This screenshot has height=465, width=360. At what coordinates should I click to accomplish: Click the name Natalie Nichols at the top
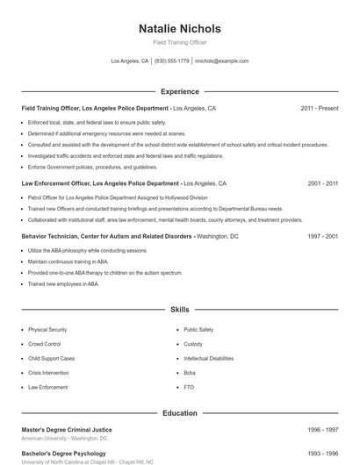pos(180,29)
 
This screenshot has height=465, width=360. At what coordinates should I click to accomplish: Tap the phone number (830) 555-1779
pos(172,61)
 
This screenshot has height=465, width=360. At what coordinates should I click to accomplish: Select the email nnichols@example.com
pos(222,61)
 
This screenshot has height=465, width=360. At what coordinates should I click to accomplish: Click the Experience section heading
pos(180,91)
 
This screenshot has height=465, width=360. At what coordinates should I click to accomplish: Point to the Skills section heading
pos(180,310)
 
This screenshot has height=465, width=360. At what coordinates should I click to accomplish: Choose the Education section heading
pos(180,412)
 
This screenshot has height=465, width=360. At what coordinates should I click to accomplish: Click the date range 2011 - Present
pos(319,108)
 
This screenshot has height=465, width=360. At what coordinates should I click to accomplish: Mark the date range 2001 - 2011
pos(322,184)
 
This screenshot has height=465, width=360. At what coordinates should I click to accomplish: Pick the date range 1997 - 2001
pos(322,237)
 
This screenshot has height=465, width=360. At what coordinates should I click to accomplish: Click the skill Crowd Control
pos(45,344)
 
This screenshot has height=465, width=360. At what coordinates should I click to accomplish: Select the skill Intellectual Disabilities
pos(208,358)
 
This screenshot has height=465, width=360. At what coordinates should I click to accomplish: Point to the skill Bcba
pos(191,372)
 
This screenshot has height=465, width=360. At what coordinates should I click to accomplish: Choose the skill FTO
pos(189,387)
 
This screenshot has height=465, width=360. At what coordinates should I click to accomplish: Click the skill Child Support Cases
pos(51,358)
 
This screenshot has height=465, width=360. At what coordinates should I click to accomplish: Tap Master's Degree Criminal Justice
pos(67,429)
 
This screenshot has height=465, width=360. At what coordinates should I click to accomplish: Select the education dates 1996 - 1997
pos(322,429)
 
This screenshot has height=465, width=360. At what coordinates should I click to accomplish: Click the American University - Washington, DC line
pos(65,438)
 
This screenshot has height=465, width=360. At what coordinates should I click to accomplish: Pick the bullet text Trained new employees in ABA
pos(63,284)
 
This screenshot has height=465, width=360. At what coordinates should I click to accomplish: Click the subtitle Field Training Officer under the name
pos(180,43)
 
